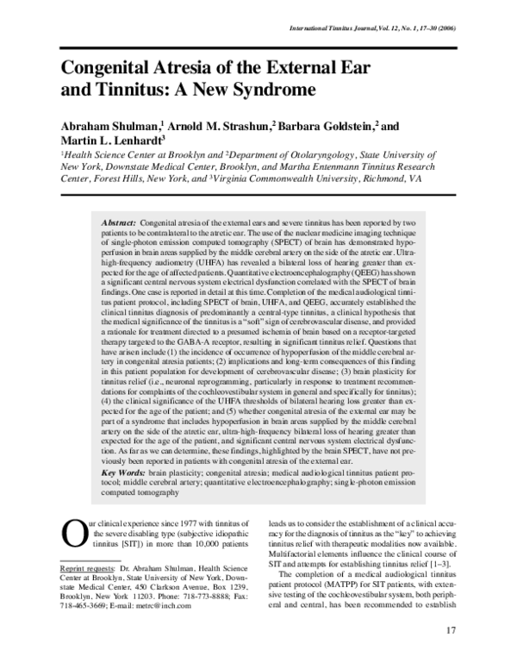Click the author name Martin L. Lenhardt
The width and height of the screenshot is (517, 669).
110,140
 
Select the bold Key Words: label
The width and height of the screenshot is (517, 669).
124,473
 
